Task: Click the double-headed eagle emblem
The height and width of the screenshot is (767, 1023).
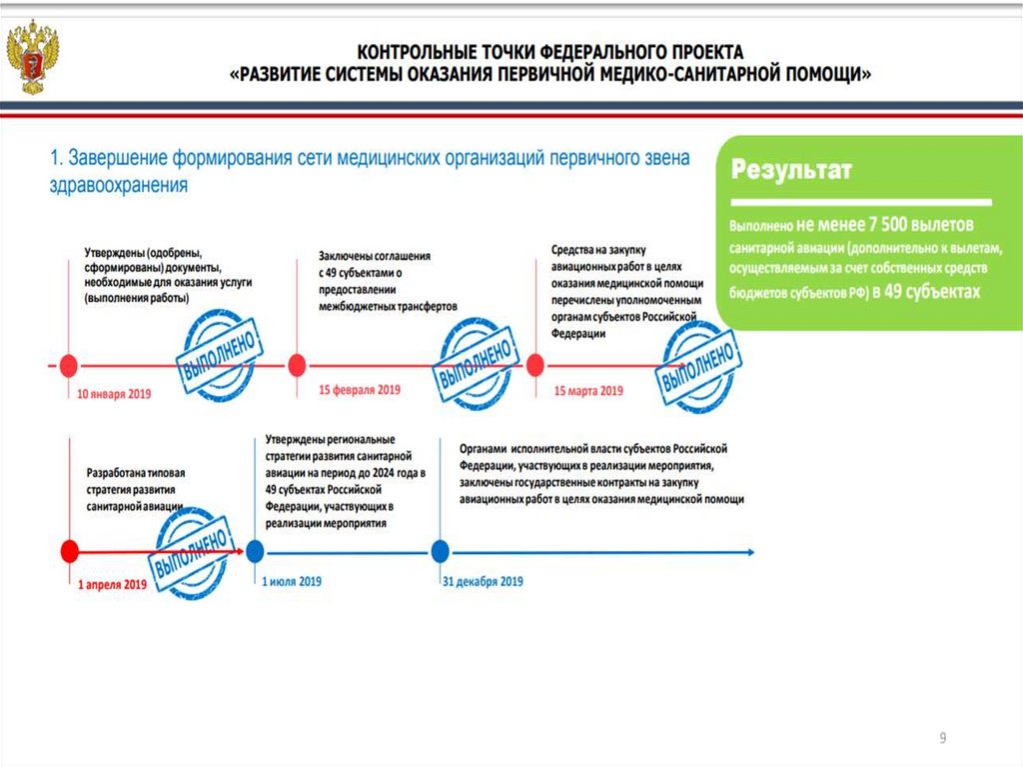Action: [33, 58]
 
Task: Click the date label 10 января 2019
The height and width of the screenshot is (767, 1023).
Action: [113, 394]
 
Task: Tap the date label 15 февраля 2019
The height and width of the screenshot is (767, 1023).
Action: [359, 390]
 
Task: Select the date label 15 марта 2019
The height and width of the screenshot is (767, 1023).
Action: [588, 391]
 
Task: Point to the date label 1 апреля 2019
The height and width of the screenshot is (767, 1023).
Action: [113, 584]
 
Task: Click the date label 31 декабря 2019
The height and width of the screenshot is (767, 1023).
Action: [483, 581]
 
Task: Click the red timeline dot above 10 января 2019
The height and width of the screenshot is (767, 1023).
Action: [69, 365]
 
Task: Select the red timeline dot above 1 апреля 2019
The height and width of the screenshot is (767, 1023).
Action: [69, 550]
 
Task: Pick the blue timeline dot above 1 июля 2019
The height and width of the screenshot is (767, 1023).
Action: [256, 550]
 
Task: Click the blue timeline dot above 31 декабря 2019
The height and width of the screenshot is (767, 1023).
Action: [439, 550]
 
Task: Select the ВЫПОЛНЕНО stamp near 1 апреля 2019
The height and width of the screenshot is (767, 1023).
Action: [192, 552]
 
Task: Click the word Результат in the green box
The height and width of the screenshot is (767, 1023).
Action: [790, 170]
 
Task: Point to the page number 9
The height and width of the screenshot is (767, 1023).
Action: [942, 738]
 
